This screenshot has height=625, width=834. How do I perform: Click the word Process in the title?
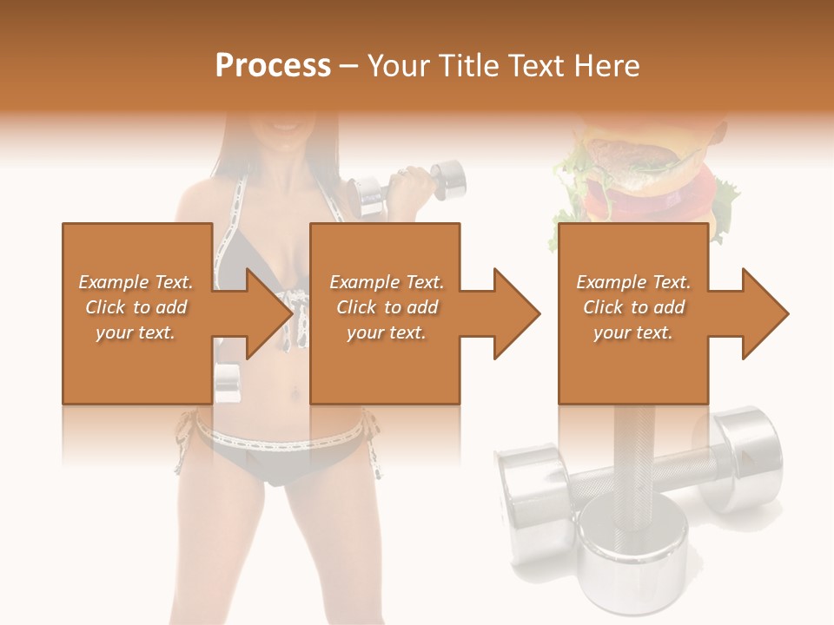[x=273, y=66]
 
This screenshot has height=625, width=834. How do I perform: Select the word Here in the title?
[x=606, y=66]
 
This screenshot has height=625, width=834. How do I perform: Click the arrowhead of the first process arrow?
[x=269, y=313]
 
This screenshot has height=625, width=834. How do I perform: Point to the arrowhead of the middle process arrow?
[x=517, y=313]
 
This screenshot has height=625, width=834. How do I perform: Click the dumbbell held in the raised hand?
[x=408, y=184]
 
